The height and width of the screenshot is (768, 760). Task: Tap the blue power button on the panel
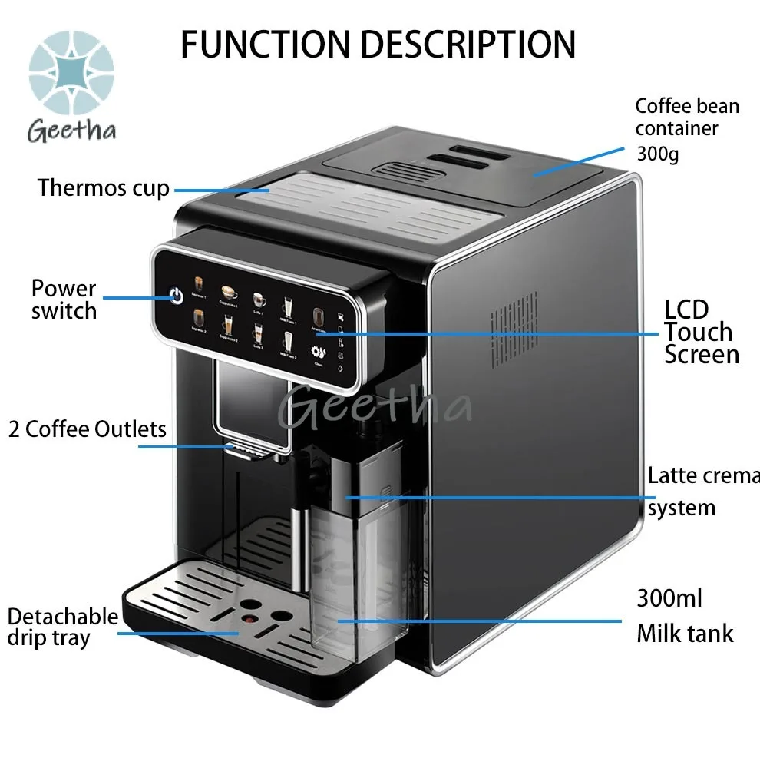point(177,296)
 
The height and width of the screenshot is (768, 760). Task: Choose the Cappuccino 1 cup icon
point(228,292)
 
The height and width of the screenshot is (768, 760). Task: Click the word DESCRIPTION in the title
point(467,45)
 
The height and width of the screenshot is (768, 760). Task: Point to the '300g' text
point(657,154)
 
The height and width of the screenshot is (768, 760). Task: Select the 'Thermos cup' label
point(103,187)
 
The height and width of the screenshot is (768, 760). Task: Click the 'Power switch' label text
point(64,300)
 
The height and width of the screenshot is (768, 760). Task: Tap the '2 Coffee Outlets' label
point(88,429)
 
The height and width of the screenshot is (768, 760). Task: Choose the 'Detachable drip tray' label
point(62,627)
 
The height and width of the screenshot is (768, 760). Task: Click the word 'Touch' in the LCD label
point(699,332)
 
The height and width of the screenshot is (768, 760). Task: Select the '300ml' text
point(669,598)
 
